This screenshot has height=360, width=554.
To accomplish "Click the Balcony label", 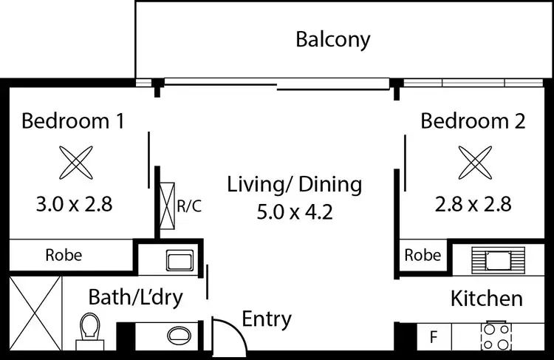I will pyautogui.click(x=332, y=39).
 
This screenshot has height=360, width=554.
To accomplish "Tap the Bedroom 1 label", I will pyautogui.click(x=72, y=120).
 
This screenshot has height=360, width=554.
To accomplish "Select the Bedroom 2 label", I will pyautogui.click(x=473, y=120).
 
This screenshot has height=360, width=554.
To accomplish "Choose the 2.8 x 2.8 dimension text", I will pyautogui.click(x=473, y=203).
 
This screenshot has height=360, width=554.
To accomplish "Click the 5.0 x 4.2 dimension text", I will pyautogui.click(x=295, y=212).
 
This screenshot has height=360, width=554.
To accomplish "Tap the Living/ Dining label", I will pyautogui.click(x=295, y=184).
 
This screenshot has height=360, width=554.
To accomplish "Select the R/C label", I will pyautogui.click(x=188, y=206).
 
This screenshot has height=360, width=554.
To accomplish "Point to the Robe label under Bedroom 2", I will pyautogui.click(x=423, y=256).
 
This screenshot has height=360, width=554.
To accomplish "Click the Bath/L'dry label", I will pyautogui.click(x=135, y=297).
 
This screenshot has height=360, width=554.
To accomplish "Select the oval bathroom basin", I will pyautogui.click(x=179, y=334).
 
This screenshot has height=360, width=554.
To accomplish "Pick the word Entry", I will pyautogui.click(x=267, y=319).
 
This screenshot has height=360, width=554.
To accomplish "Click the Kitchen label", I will pyautogui.click(x=486, y=299).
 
